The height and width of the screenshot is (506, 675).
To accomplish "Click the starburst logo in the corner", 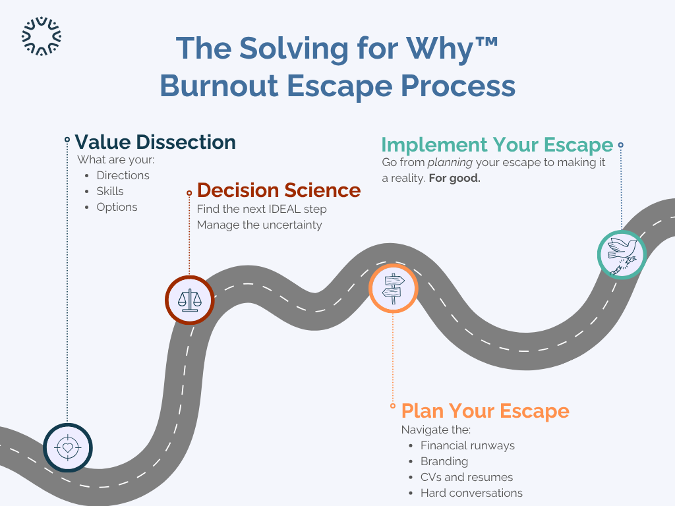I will [42, 36].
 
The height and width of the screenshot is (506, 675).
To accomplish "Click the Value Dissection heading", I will [155, 142].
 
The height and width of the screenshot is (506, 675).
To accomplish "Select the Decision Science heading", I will [279, 190].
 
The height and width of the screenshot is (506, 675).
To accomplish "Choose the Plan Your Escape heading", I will [485, 410].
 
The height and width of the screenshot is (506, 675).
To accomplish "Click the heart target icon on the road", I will [68, 447].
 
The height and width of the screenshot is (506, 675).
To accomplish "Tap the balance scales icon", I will [190, 300].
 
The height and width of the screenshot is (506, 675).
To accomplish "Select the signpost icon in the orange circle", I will [394, 288].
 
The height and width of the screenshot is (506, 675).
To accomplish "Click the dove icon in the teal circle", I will [622, 254].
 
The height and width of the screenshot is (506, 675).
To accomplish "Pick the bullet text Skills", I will [110, 191].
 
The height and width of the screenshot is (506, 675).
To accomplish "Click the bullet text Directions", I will [123, 175].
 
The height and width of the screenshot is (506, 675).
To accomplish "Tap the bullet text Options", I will [117, 207].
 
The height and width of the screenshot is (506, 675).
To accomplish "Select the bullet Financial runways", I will [467, 445].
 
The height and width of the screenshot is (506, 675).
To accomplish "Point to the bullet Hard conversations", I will [471, 493].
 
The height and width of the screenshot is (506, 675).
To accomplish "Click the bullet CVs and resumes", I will [467, 477].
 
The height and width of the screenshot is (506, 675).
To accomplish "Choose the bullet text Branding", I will [444, 461].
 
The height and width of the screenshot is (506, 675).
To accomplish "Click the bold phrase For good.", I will [454, 178].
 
